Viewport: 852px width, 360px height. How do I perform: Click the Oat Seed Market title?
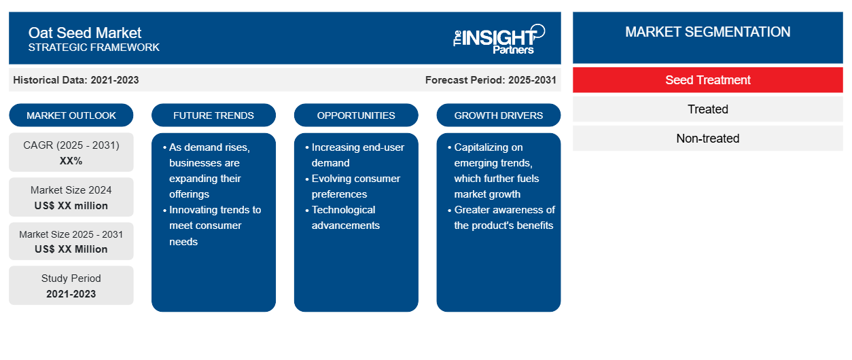point(84,33)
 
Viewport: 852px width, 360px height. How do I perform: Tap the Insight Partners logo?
point(499,39)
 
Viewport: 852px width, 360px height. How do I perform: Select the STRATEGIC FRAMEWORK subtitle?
point(94,48)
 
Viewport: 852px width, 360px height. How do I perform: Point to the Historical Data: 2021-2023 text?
point(76,80)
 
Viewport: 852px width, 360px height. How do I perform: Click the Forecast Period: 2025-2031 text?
point(491,80)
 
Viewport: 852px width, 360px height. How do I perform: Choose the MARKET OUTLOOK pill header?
point(71,115)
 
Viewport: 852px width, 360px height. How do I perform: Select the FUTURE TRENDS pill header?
point(213,115)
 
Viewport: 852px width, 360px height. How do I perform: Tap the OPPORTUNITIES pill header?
point(356,115)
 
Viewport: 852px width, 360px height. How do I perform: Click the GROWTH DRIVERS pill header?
point(498,115)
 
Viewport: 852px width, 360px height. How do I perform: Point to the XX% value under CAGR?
point(71,161)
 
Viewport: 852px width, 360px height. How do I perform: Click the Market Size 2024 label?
point(71,190)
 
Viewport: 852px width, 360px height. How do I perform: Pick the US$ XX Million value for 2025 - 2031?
point(71,249)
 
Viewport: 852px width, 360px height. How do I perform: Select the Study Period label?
point(71,278)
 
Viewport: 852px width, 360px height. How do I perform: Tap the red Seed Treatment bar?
point(708,80)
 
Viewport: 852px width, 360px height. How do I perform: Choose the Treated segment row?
point(708,109)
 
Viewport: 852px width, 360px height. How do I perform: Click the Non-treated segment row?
point(708,139)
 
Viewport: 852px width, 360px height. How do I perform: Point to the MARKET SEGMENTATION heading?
point(708,32)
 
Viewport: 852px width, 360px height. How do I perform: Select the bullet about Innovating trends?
point(212,226)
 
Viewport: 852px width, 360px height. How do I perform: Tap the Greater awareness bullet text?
point(501,217)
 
